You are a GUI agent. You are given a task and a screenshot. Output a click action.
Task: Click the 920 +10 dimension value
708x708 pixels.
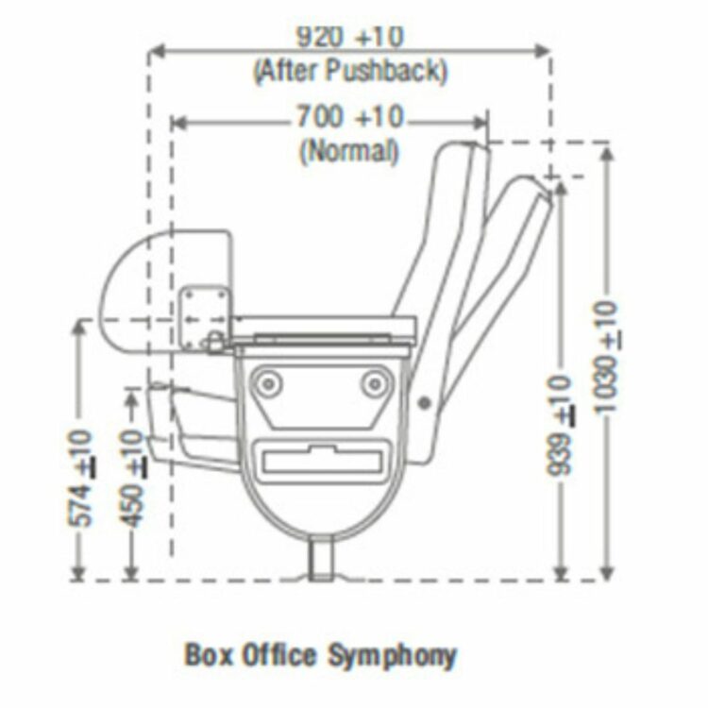pyautogui.click(x=349, y=38)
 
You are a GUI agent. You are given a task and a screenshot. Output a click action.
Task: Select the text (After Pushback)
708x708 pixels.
pyautogui.click(x=349, y=71)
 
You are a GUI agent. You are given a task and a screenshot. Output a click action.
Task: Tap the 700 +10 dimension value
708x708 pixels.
pyautogui.click(x=350, y=118)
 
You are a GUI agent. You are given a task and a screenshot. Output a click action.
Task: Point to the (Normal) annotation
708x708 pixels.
pyautogui.click(x=348, y=151)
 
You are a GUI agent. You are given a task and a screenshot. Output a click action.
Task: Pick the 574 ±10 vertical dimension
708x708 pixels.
pyautogui.click(x=82, y=477)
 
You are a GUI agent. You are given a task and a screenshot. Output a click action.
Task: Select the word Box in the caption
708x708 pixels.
pyautogui.click(x=206, y=654)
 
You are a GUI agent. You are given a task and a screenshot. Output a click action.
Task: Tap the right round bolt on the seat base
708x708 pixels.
pyautogui.click(x=376, y=381)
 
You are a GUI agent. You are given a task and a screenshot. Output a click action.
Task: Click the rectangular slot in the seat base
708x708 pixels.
pyautogui.click(x=323, y=461)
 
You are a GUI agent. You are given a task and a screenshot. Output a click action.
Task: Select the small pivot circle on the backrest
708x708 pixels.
pyautogui.click(x=425, y=403)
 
